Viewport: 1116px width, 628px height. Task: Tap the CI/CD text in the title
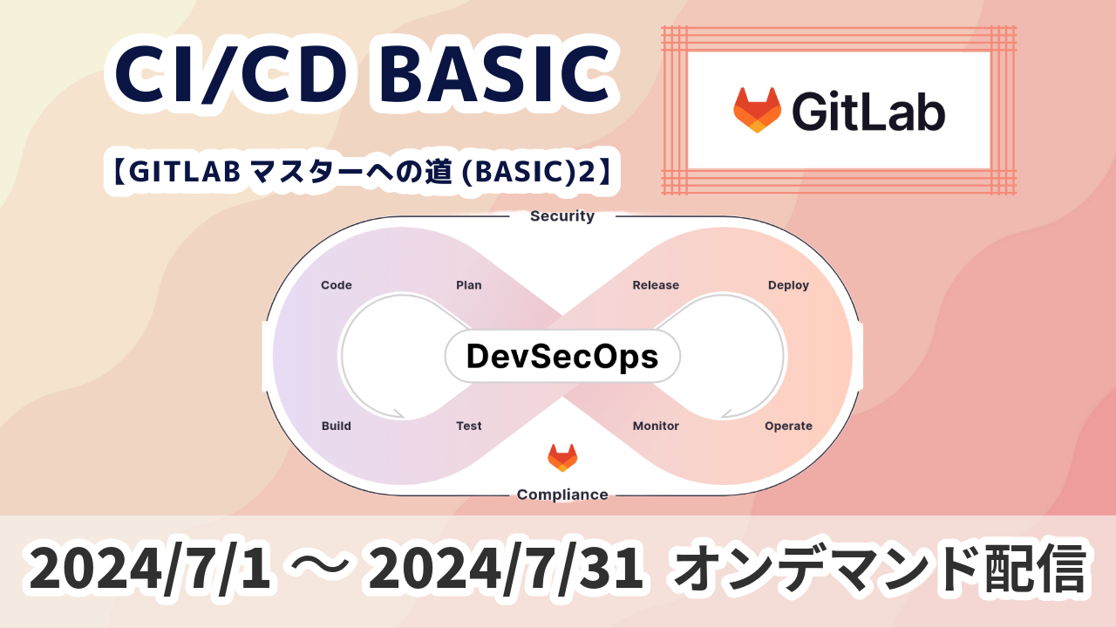[231, 74]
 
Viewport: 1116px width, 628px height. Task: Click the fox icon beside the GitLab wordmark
[757, 110]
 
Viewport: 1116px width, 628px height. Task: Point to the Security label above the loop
[562, 215]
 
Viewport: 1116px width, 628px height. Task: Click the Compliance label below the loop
[562, 495]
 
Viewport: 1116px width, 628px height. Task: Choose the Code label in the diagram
[337, 285]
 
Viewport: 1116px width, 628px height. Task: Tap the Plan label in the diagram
[469, 285]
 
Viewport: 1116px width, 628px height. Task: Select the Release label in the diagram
[656, 285]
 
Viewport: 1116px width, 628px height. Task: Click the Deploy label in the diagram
[788, 285]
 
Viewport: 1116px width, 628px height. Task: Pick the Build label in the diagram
[337, 426]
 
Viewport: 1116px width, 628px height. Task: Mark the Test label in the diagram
[469, 426]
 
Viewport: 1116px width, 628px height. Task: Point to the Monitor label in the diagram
[656, 426]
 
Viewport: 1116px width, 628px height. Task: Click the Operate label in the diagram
[788, 427]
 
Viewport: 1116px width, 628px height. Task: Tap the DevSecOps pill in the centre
[562, 357]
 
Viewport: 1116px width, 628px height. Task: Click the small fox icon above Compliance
[562, 458]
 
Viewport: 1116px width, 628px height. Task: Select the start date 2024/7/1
[149, 568]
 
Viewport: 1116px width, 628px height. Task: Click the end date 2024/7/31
[505, 568]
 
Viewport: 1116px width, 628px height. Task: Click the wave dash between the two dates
[319, 567]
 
